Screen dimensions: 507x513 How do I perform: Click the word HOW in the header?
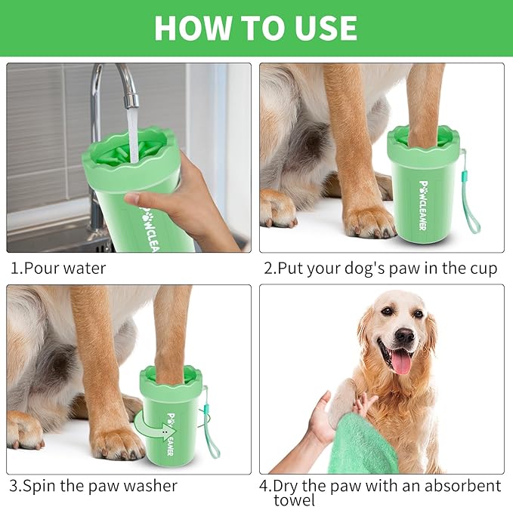pos(190,28)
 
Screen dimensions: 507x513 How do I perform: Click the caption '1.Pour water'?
pos(58,268)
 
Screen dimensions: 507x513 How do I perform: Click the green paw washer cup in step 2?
pos(424,189)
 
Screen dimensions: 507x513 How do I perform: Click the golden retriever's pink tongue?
pos(400,361)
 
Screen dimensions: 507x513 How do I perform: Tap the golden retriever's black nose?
pos(404,336)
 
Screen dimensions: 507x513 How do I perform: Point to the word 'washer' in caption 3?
pos(146,485)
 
